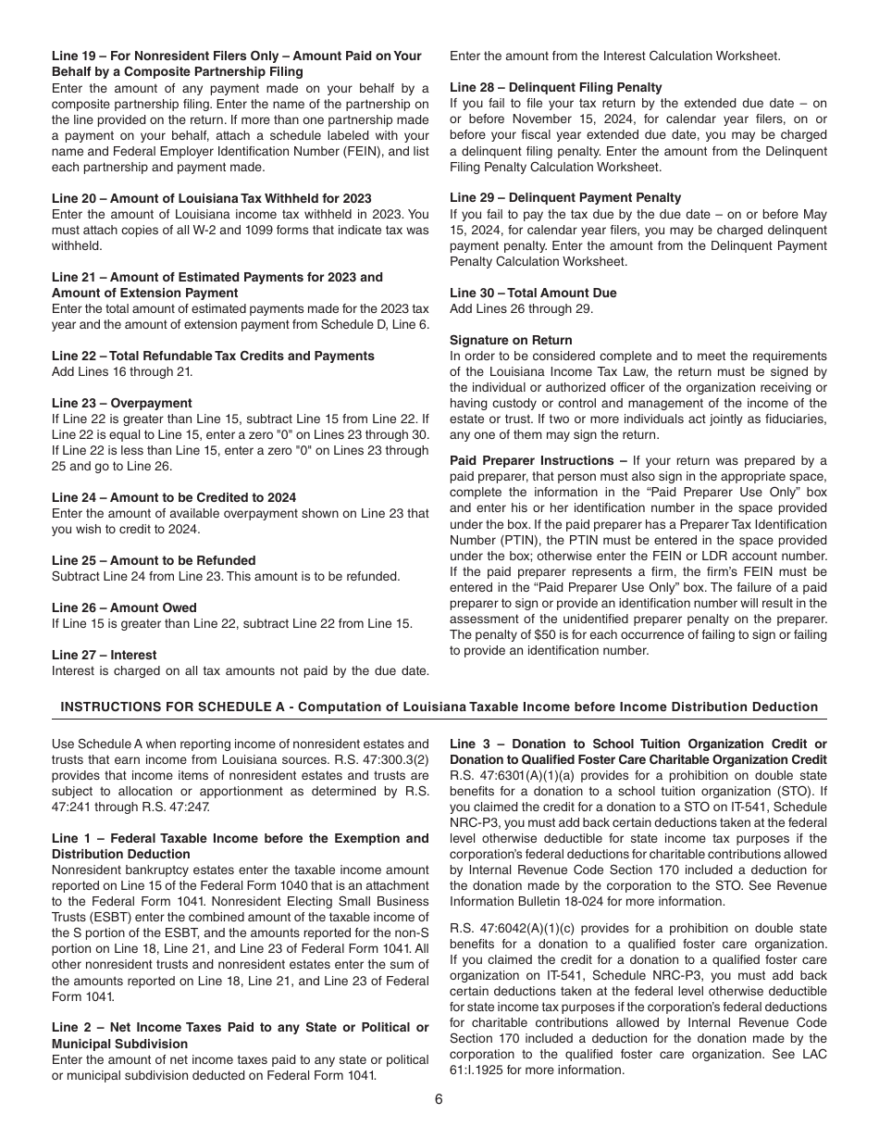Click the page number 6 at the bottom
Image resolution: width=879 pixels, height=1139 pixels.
click(439, 1099)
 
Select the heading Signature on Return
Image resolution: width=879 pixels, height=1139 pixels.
click(511, 340)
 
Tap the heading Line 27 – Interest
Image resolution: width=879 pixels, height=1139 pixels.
click(105, 655)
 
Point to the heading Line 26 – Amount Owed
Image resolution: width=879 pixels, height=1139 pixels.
click(124, 607)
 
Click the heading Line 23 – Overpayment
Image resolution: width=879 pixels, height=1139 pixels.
click(122, 403)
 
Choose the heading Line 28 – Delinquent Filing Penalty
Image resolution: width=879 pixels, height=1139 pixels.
click(556, 87)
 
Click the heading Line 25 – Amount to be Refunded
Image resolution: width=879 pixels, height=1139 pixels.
click(154, 560)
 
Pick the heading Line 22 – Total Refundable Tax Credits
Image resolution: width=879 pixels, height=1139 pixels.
click(213, 356)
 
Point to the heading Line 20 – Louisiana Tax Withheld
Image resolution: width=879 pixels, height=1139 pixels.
click(212, 198)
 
